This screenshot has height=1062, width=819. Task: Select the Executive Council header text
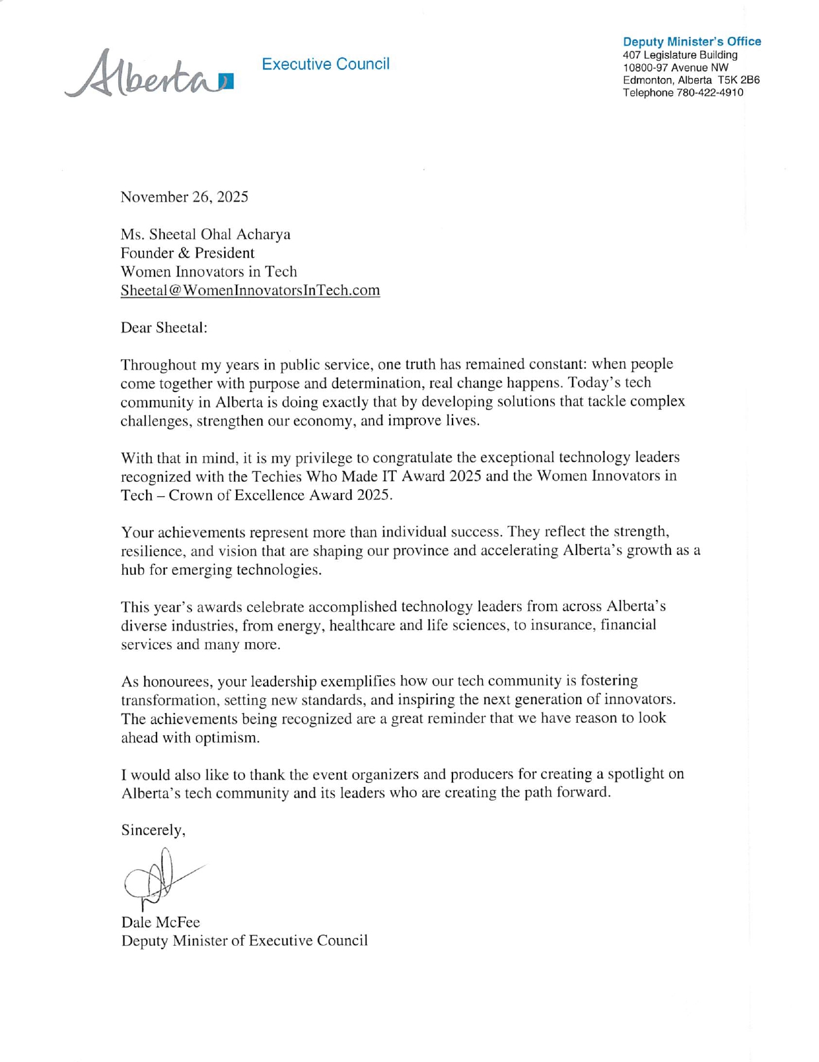click(x=325, y=64)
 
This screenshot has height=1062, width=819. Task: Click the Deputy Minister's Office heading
click(x=692, y=41)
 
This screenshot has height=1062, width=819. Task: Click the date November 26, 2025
click(x=184, y=197)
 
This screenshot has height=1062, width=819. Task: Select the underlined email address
click(x=250, y=290)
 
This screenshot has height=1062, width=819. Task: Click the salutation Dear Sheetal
click(x=164, y=328)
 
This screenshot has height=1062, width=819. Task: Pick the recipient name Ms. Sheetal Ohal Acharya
click(x=206, y=234)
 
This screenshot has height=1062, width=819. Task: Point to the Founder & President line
click(x=187, y=253)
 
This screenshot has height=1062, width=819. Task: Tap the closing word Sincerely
click(x=153, y=830)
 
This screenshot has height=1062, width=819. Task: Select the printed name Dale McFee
click(x=160, y=922)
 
